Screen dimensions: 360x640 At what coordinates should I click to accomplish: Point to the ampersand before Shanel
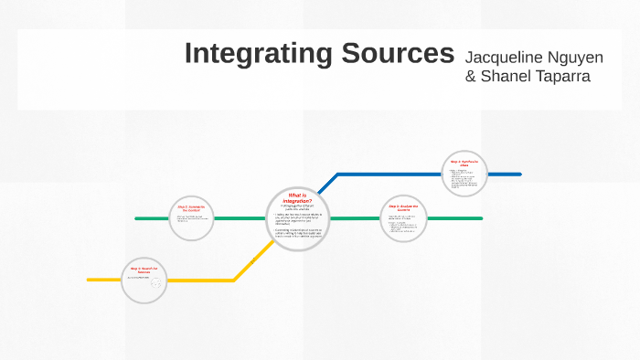point(471,76)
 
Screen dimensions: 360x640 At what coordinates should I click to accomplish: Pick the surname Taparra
point(560,76)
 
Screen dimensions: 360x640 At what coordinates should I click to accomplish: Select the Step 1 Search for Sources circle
point(144,278)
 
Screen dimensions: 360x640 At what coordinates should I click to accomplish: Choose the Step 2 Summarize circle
point(194,217)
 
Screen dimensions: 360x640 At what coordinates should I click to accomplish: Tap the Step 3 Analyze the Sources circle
point(403,218)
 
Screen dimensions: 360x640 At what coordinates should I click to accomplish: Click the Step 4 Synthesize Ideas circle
point(464,173)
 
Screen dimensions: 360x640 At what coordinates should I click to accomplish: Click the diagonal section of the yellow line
point(250,264)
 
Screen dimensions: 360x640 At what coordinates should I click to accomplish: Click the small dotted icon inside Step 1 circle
point(155,283)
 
